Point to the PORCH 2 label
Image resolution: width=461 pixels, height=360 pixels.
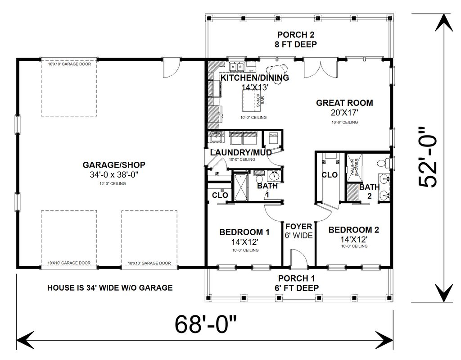pyautogui.click(x=297, y=35)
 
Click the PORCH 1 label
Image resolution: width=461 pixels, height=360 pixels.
pyautogui.click(x=298, y=278)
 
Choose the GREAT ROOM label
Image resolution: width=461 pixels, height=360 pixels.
pyautogui.click(x=344, y=103)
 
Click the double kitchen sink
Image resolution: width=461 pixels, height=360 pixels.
pyautogui.click(x=236, y=68)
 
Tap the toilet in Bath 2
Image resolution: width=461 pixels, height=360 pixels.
pyautogui.click(x=382, y=162)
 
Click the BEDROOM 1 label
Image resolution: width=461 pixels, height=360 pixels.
pyautogui.click(x=244, y=232)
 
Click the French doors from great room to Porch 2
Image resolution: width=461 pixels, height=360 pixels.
pyautogui.click(x=320, y=68)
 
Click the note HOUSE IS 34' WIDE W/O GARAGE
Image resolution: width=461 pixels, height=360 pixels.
pyautogui.click(x=110, y=287)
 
